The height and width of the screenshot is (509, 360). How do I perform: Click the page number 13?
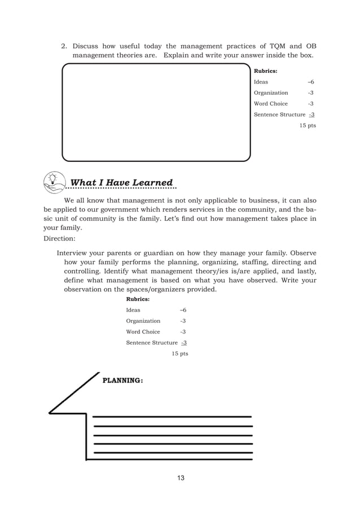[181, 479]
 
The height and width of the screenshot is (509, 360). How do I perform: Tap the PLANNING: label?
[122, 381]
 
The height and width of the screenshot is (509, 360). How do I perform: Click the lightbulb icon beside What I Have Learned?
[54, 179]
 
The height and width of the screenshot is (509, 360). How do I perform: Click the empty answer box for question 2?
[156, 113]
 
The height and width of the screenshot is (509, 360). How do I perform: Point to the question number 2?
[64, 46]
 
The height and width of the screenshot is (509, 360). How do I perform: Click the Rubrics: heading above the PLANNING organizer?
[137, 300]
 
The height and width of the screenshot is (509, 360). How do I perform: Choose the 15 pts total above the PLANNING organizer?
[179, 353]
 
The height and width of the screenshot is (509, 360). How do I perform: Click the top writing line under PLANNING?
[172, 417]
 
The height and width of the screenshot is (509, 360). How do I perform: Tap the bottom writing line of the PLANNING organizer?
[172, 452]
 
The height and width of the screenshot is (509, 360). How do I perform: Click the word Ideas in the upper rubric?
[261, 82]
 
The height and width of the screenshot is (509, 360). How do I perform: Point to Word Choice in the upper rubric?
[271, 104]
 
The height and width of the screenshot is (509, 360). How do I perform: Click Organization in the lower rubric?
[143, 321]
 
